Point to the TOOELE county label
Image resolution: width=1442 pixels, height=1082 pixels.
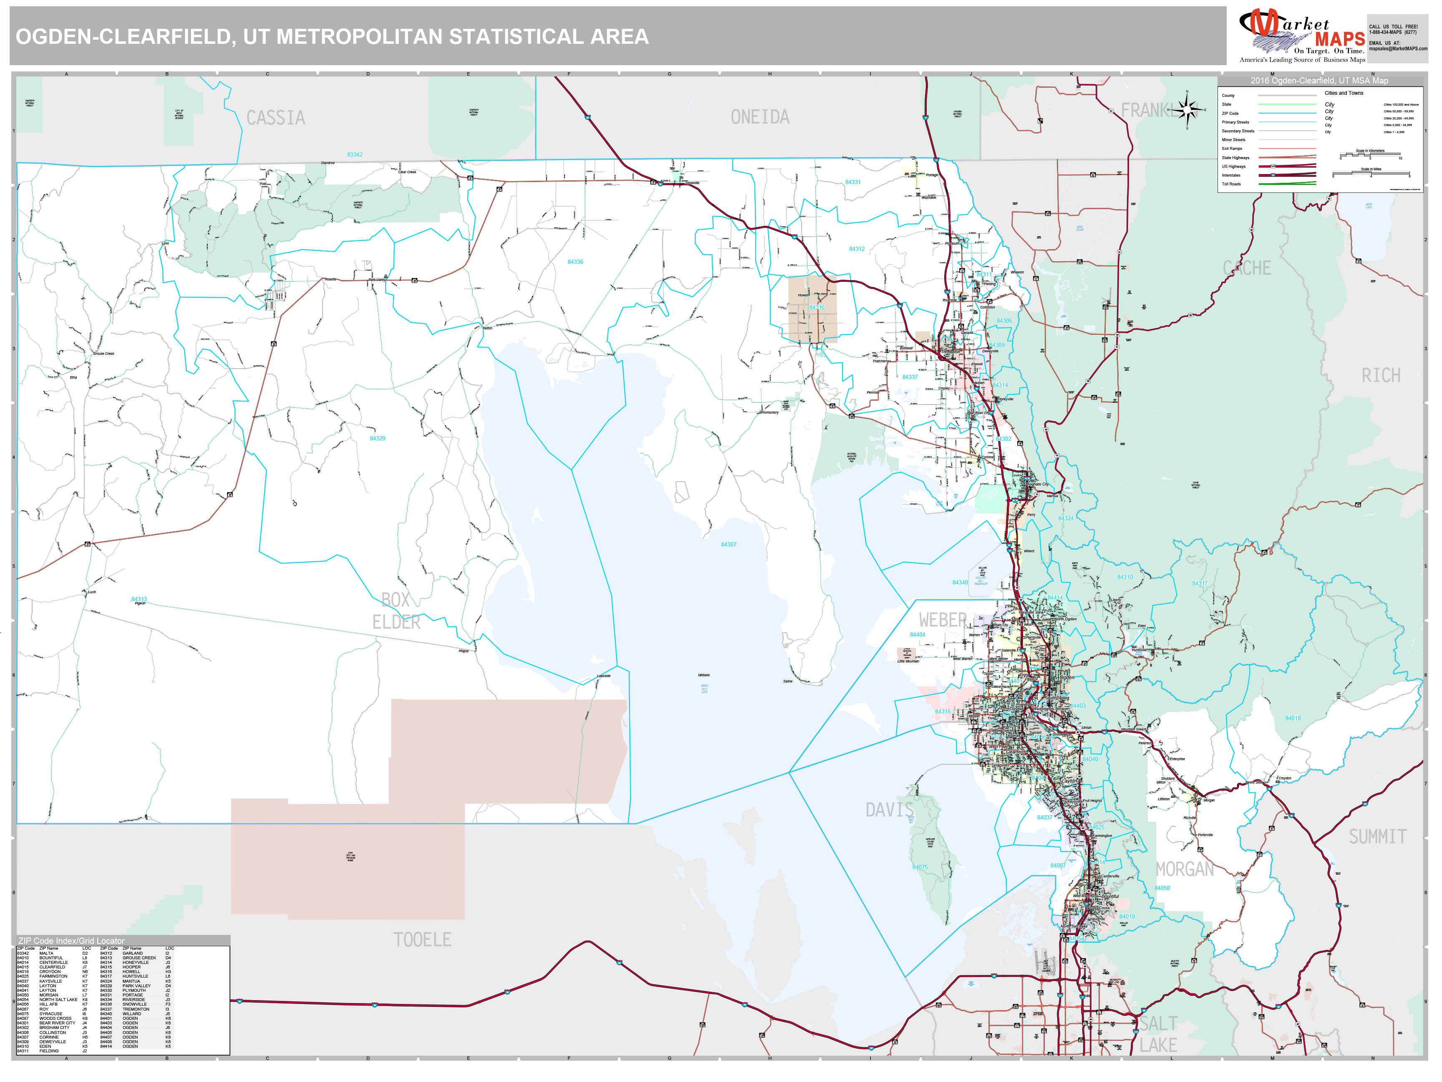tap(422, 940)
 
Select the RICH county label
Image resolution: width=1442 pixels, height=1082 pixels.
tap(1381, 376)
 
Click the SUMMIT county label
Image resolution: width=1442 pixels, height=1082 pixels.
tap(1377, 837)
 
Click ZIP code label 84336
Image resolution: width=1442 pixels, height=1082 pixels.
tap(575, 262)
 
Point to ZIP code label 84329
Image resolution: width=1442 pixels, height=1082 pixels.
tap(378, 439)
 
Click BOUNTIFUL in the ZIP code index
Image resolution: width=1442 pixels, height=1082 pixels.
tap(51, 958)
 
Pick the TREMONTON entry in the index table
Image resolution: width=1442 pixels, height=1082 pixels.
tap(136, 1009)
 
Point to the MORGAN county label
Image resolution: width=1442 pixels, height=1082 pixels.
tap(1185, 870)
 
